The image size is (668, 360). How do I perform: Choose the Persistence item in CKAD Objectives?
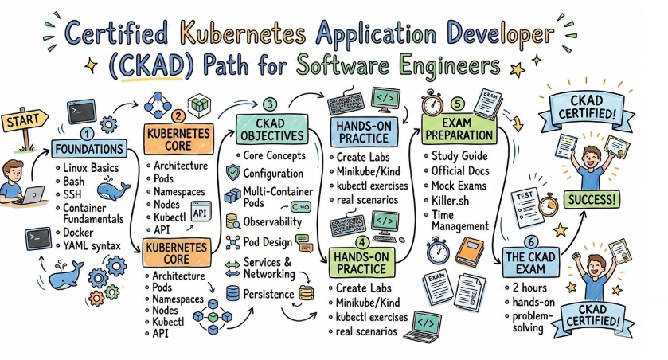(269, 293)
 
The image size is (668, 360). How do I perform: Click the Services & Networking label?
(268, 268)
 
